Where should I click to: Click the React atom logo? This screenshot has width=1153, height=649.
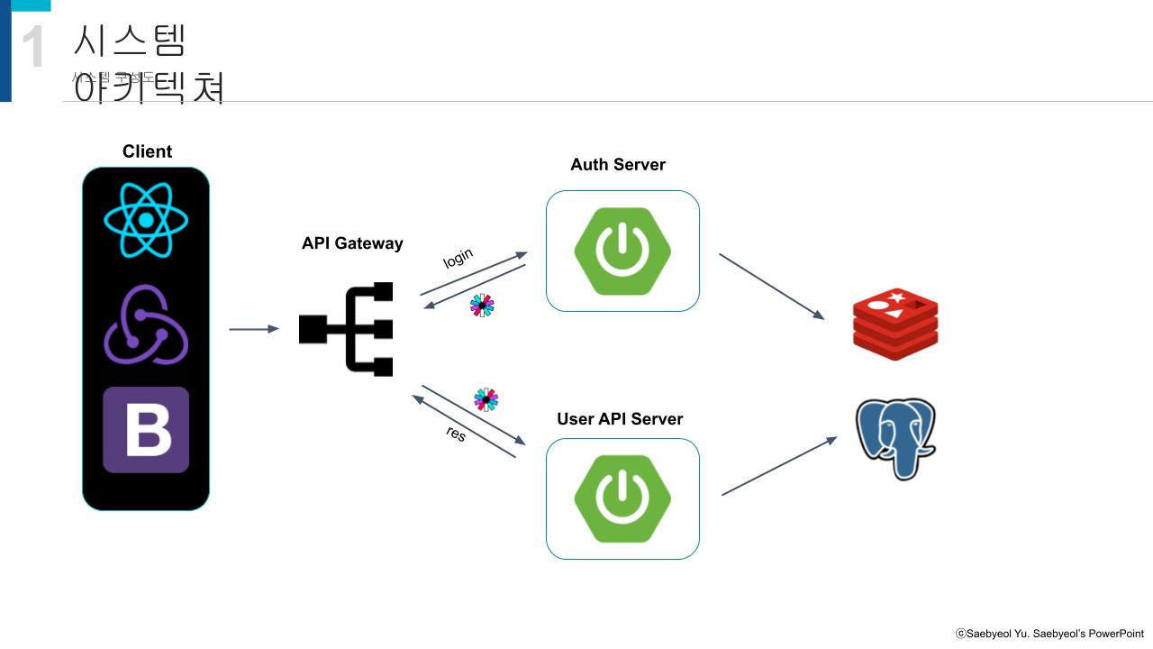click(146, 219)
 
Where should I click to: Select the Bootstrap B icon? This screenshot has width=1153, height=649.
click(146, 430)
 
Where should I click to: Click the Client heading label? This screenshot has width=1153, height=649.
click(147, 151)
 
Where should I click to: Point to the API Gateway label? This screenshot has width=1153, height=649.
click(352, 243)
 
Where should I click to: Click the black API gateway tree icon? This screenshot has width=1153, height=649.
click(347, 329)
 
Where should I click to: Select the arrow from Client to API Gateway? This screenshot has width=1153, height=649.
click(254, 329)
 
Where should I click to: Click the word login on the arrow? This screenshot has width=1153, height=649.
click(458, 258)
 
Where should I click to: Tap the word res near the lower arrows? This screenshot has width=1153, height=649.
click(456, 434)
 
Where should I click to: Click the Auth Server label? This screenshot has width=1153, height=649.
click(618, 165)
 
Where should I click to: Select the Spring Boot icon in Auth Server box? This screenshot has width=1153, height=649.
click(622, 251)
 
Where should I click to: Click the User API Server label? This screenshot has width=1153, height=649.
click(620, 419)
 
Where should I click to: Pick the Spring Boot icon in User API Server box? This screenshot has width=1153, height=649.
click(622, 498)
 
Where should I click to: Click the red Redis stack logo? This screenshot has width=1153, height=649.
click(895, 324)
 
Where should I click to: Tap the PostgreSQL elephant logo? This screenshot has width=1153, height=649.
click(895, 439)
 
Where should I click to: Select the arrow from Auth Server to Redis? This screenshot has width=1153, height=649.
click(771, 287)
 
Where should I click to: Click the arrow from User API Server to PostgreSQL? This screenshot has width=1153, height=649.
click(779, 466)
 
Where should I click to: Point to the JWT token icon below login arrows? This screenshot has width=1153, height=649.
click(482, 306)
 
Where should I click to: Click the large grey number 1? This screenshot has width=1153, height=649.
click(32, 47)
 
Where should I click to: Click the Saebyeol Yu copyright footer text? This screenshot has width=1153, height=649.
click(1049, 634)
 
